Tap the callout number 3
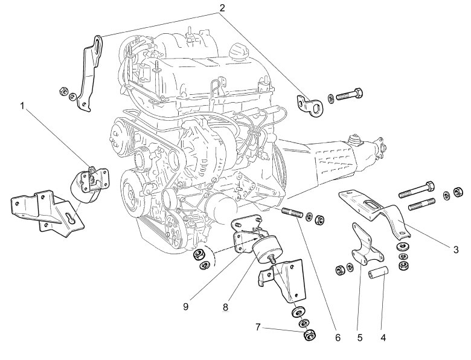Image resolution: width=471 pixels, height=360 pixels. point(455,248)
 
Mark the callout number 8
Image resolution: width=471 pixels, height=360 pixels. point(225,307)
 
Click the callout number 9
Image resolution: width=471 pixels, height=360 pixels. point(186,307)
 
